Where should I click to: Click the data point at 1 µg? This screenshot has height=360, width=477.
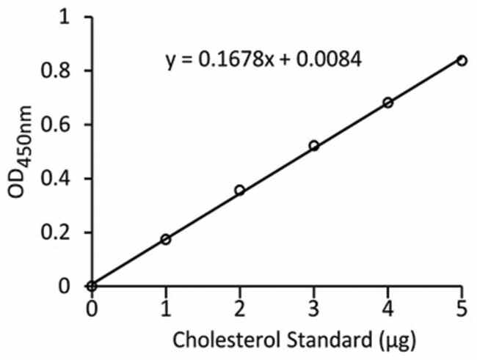click(x=165, y=240)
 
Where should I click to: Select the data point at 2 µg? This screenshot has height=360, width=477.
click(x=239, y=191)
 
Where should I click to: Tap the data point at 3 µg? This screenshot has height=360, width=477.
click(x=314, y=146)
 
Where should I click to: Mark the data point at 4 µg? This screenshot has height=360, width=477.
click(x=388, y=103)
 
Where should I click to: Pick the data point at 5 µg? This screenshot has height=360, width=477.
click(x=462, y=60)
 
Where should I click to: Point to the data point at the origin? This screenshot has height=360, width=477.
click(x=91, y=286)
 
